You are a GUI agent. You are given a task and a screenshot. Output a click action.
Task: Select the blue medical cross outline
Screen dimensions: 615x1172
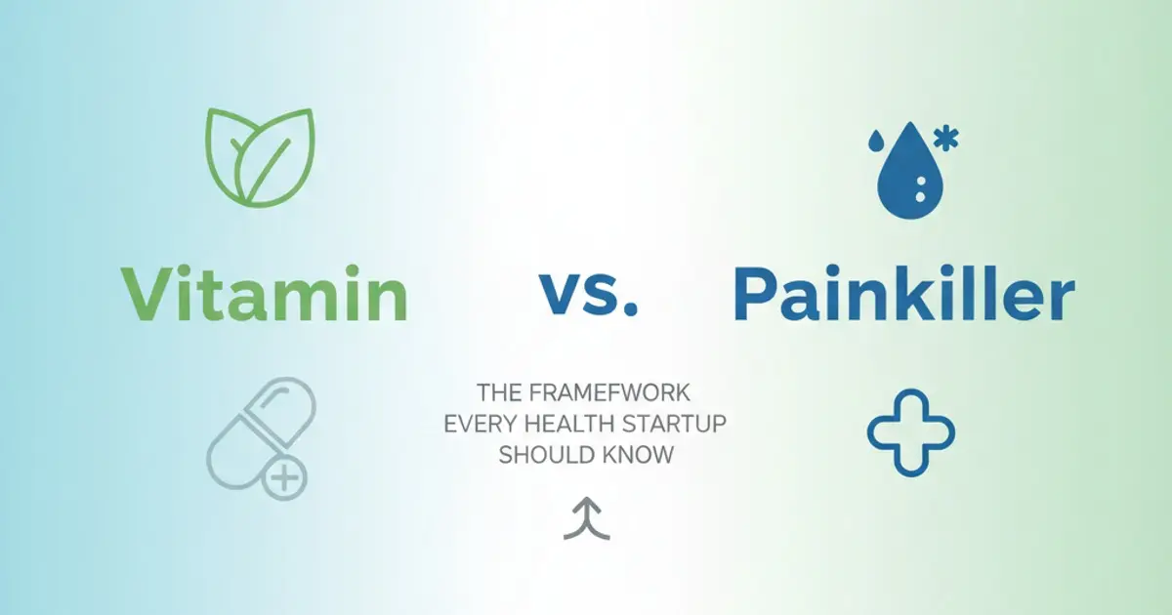(x=911, y=431)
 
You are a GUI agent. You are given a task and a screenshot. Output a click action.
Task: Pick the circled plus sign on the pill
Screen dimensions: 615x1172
(x=285, y=478)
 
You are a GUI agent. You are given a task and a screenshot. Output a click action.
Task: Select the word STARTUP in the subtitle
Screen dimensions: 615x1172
(x=665, y=425)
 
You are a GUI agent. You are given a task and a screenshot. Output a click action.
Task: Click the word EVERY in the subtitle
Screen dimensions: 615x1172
(x=476, y=425)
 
